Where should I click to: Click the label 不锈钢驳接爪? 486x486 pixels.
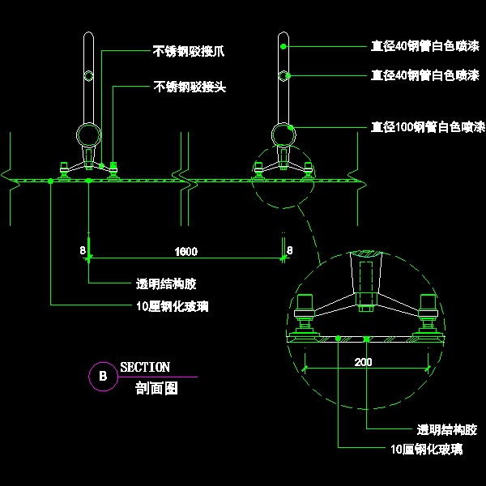click(x=189, y=50)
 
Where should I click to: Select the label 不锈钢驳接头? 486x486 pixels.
click(x=189, y=86)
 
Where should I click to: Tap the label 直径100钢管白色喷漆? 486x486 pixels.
click(x=427, y=126)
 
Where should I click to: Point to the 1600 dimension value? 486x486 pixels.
click(x=185, y=251)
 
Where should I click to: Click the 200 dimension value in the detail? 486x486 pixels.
click(x=364, y=362)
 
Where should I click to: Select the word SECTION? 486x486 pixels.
click(x=145, y=368)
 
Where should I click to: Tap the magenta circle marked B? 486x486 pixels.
click(x=102, y=376)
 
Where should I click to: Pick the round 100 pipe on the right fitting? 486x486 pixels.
click(x=283, y=134)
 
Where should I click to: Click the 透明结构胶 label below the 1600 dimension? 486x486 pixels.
click(x=166, y=283)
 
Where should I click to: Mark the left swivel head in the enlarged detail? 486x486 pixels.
click(x=306, y=313)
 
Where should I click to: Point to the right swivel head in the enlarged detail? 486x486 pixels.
click(x=427, y=313)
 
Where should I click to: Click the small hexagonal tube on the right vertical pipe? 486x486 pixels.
click(x=283, y=76)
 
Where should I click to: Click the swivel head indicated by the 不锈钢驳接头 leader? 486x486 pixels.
click(x=114, y=168)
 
